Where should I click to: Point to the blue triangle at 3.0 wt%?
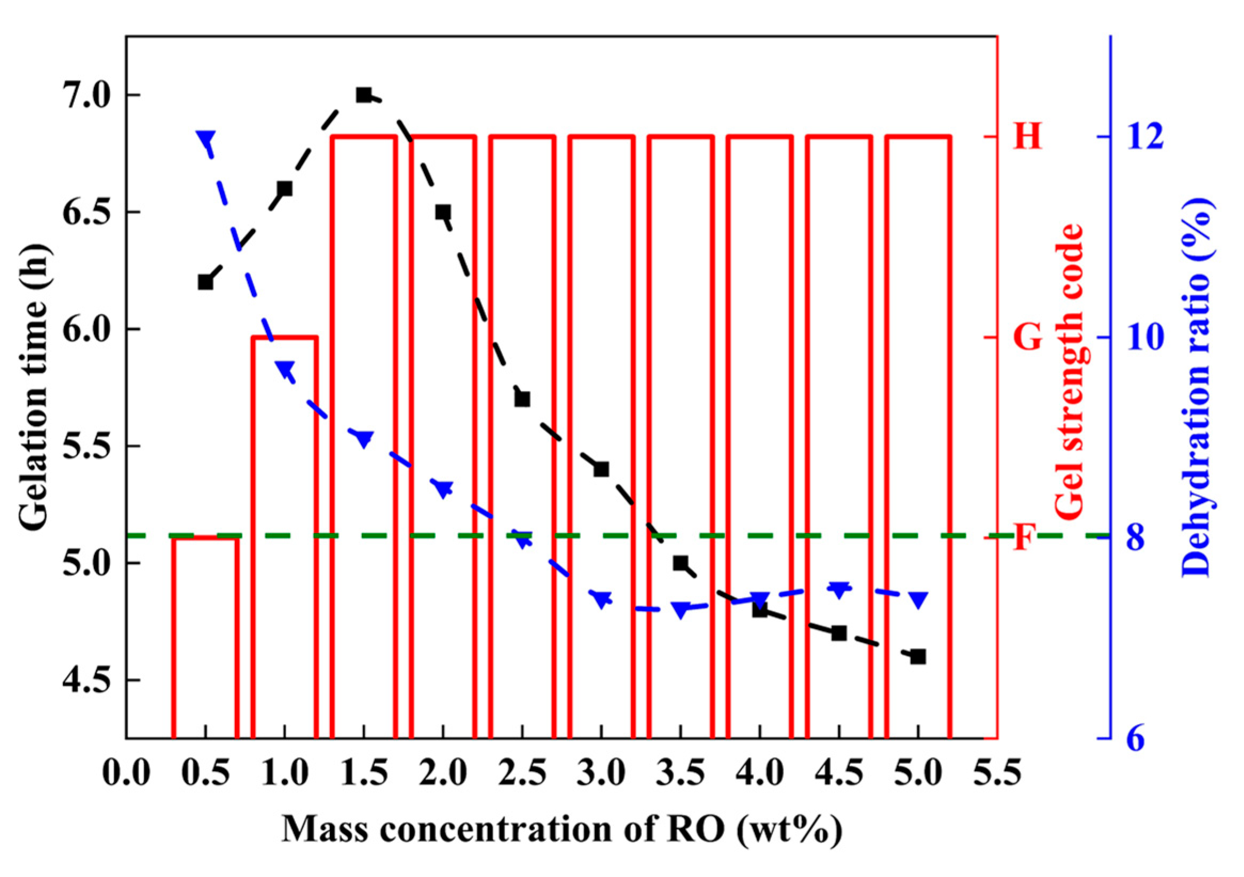pos(601,599)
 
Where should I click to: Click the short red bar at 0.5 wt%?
pos(205,634)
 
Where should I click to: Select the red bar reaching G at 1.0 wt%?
pos(284,536)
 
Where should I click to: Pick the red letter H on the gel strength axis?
pos(1028,136)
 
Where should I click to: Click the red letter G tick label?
pos(1028,338)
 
